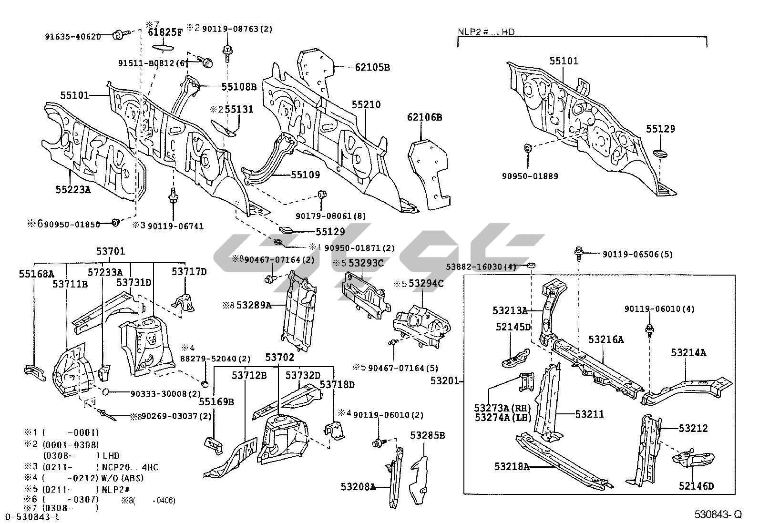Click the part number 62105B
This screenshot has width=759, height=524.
point(372,68)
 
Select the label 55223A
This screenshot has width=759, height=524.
point(73,189)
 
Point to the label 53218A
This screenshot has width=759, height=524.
point(512,466)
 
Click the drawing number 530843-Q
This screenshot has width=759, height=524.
point(718,514)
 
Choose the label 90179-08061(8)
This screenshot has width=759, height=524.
point(331,216)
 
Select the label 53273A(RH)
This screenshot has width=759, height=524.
point(502,408)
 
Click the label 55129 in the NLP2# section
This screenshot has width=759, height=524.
point(661,129)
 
